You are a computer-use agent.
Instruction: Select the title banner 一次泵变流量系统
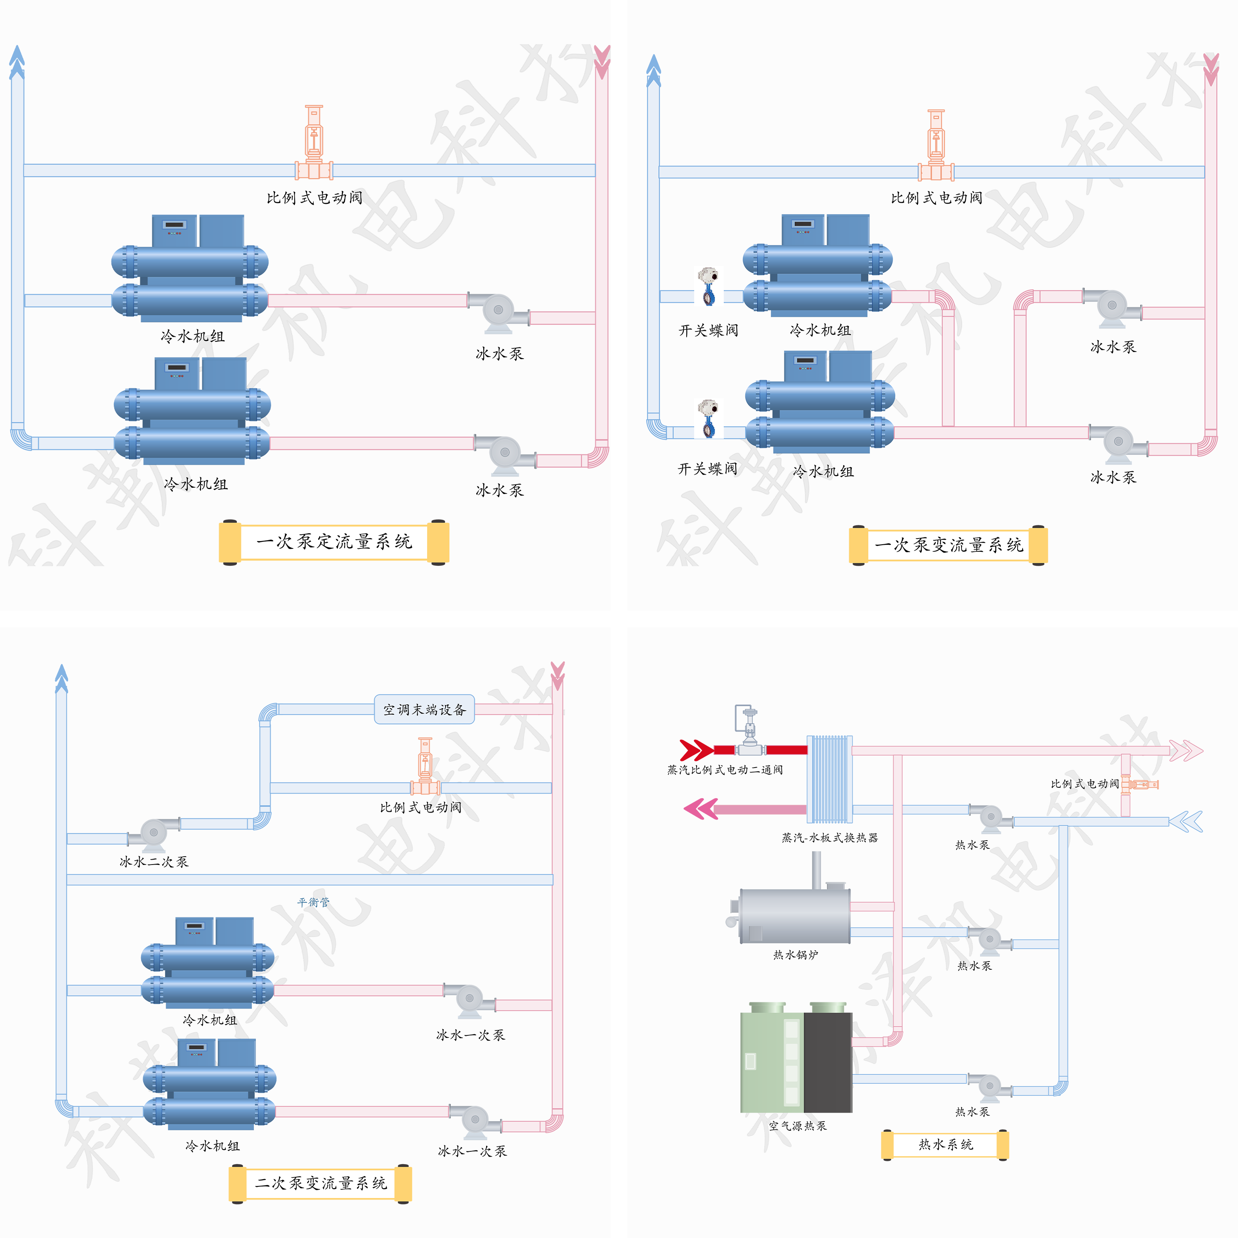pos(948,545)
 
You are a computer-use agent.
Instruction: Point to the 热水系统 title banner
pos(945,1144)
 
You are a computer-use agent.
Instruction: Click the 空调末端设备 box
pos(424,709)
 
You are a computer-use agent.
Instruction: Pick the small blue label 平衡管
pos(313,902)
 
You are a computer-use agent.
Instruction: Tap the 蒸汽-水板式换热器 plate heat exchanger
pos(829,779)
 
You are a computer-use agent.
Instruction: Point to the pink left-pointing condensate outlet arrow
pos(700,809)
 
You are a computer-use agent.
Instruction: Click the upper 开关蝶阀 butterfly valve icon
pos(708,286)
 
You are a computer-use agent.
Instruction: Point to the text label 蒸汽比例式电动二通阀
pos(725,770)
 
